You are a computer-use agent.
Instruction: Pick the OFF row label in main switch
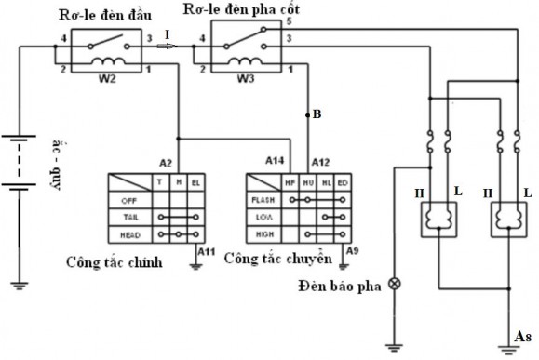point(129,199)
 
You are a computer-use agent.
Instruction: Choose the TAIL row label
point(129,217)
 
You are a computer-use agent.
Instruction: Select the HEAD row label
point(129,234)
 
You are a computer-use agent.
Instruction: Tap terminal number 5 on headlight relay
point(290,20)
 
